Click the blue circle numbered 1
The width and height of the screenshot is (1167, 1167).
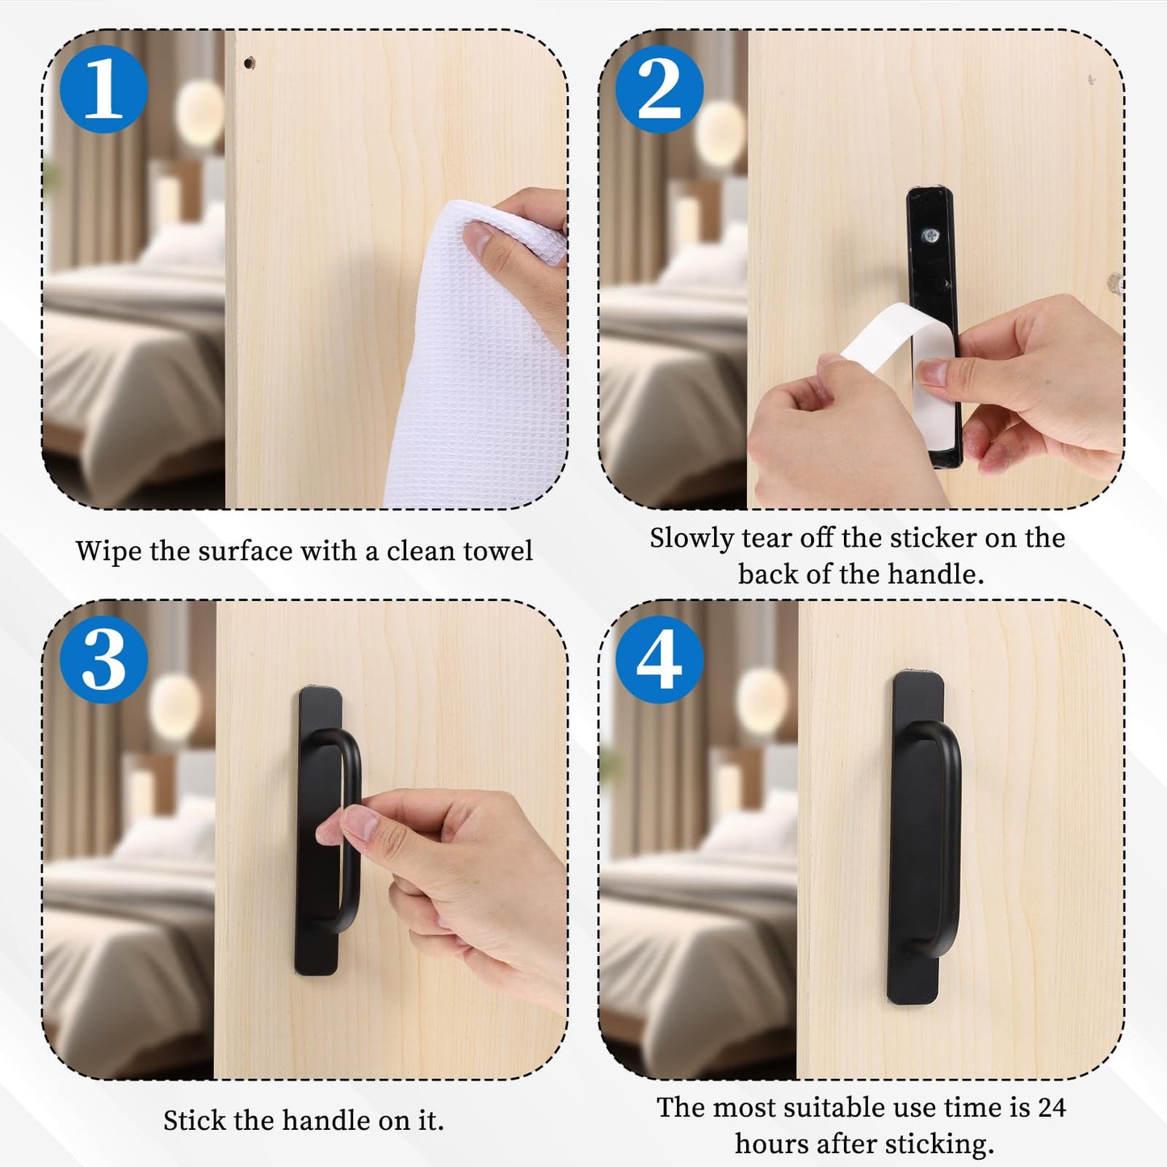103,89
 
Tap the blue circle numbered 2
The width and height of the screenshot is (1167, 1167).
660,89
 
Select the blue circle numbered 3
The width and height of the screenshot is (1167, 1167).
103,660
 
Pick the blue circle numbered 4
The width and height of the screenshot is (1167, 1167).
660,660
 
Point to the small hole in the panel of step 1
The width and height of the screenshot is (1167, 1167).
249,62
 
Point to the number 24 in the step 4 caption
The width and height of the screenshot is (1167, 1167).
1052,1107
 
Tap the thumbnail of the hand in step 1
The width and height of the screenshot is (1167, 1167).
477,238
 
